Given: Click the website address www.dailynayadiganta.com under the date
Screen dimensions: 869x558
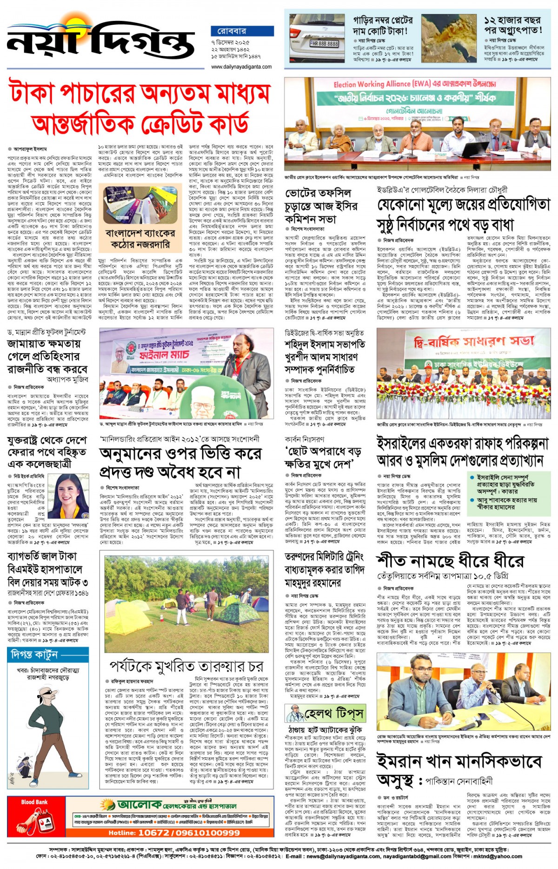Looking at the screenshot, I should [242, 67].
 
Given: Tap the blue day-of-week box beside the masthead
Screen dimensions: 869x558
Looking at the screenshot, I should [242, 31].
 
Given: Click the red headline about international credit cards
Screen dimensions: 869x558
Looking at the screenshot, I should [139, 107].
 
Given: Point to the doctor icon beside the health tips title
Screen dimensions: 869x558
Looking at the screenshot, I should [295, 714].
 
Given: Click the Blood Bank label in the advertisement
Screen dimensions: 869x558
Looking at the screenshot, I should [34, 802].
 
